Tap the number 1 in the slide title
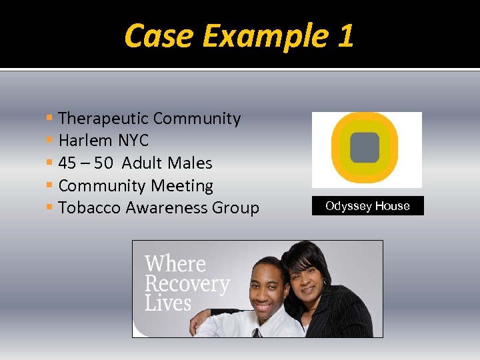coord(345,36)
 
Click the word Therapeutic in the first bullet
coord(103,119)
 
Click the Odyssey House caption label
coord(367,206)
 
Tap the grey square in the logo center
coord(365,147)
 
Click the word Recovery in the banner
coord(187,284)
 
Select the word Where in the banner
coord(175,264)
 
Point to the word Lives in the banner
coord(168,304)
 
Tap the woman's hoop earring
coord(325,283)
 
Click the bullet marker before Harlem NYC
coord(51,141)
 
